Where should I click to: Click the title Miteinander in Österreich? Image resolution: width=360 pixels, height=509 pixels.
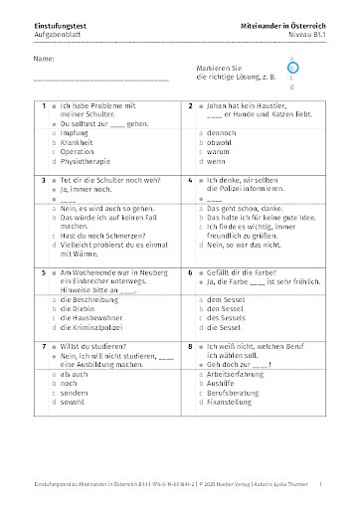[283, 23]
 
